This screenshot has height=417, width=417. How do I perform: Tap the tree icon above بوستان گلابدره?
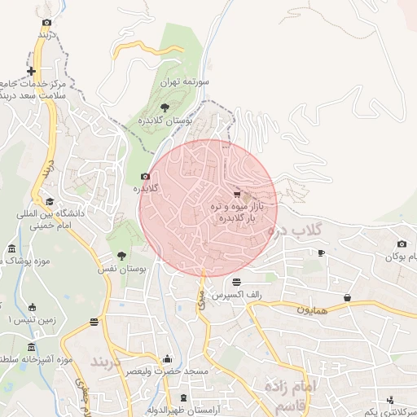point(165,107)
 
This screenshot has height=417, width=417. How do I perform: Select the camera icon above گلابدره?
point(146,176)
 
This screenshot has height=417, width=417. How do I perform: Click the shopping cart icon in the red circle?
point(237,195)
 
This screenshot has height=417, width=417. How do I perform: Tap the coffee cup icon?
point(321,253)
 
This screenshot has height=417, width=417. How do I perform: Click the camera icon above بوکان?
point(402,244)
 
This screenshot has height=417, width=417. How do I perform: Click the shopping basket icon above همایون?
point(348,298)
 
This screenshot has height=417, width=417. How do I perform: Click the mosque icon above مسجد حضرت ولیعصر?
point(168,359)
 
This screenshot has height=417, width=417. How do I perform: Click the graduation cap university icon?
point(50,202)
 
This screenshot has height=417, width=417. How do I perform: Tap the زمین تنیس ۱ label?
point(30,320)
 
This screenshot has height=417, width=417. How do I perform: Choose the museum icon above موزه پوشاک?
point(11,248)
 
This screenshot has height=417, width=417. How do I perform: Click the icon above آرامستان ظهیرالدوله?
point(184,397)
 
